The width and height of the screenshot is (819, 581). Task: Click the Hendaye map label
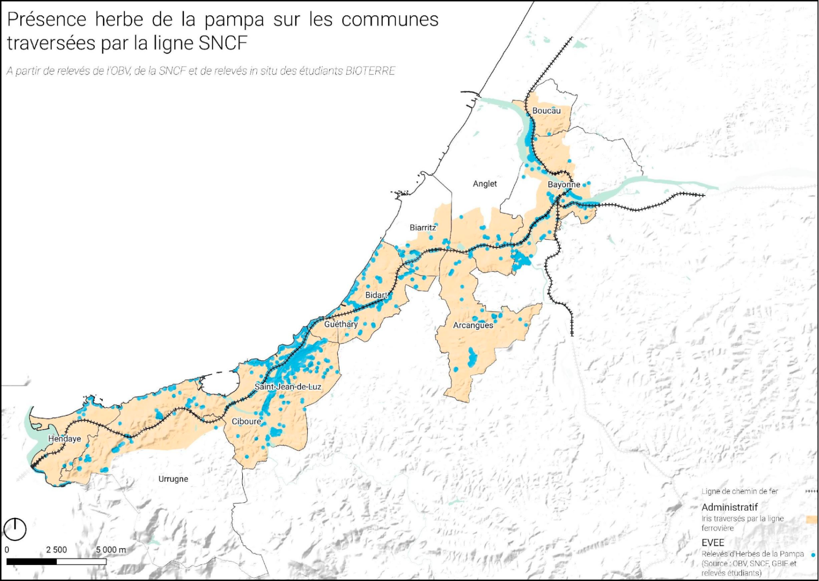click(65, 439)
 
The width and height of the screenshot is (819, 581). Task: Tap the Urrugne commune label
click(173, 479)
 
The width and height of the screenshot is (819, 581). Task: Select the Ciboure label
click(246, 421)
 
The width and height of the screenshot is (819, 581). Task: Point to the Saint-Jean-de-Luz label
click(288, 387)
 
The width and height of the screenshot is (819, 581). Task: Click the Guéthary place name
click(341, 324)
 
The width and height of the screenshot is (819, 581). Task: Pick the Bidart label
click(377, 295)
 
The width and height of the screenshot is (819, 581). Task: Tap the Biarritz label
click(423, 227)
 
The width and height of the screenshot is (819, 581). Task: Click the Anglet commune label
click(485, 184)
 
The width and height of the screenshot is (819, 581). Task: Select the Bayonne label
click(564, 185)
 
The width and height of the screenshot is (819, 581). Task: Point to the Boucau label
click(546, 111)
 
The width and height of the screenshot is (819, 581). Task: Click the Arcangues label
click(473, 325)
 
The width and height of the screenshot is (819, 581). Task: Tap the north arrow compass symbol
click(15, 529)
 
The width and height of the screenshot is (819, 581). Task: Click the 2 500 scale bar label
click(56, 550)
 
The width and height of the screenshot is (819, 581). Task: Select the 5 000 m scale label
click(111, 550)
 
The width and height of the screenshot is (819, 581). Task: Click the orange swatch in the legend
click(812, 519)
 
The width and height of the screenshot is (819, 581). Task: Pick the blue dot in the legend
click(813, 554)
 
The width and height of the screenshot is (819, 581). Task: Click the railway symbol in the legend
click(812, 492)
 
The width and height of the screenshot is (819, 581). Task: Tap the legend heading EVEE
click(713, 543)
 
